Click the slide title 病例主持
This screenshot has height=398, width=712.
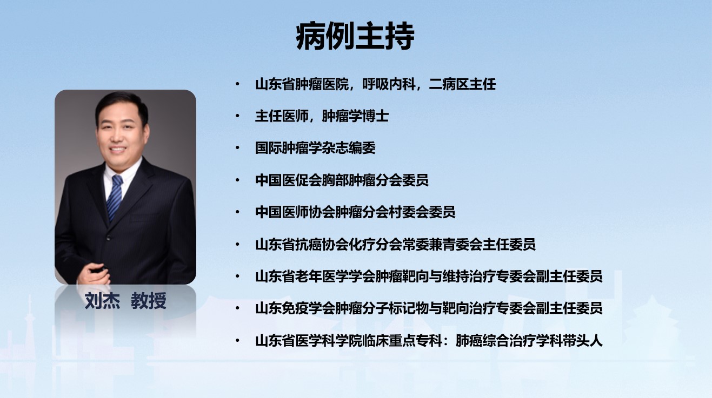pyautogui.click(x=355, y=36)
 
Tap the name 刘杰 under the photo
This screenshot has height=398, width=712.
pyautogui.click(x=102, y=301)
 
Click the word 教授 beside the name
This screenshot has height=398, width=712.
pyautogui.click(x=149, y=301)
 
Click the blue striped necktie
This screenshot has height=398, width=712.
pyautogui.click(x=115, y=197)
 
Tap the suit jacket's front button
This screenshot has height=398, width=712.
pyautogui.click(x=108, y=237)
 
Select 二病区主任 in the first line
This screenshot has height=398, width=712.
pyautogui.click(x=462, y=84)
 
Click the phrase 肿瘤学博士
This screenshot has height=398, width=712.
pyautogui.click(x=355, y=116)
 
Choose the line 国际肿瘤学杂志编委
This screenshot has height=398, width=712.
pyautogui.click(x=315, y=148)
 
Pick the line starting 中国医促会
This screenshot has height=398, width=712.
pyautogui.click(x=342, y=180)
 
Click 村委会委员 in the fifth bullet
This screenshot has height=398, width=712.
pyautogui.click(x=422, y=212)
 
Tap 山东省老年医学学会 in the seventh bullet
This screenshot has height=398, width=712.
pyautogui.click(x=315, y=276)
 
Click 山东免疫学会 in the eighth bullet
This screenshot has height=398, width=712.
pyautogui.click(x=295, y=308)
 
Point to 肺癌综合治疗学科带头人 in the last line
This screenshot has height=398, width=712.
pyautogui.click(x=529, y=341)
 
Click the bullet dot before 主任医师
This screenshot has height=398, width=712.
pyautogui.click(x=237, y=116)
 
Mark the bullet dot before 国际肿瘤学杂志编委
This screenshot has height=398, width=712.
pyautogui.click(x=237, y=148)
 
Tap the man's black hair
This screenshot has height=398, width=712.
pyautogui.click(x=122, y=103)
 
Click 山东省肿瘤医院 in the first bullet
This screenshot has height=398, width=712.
pyautogui.click(x=302, y=84)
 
